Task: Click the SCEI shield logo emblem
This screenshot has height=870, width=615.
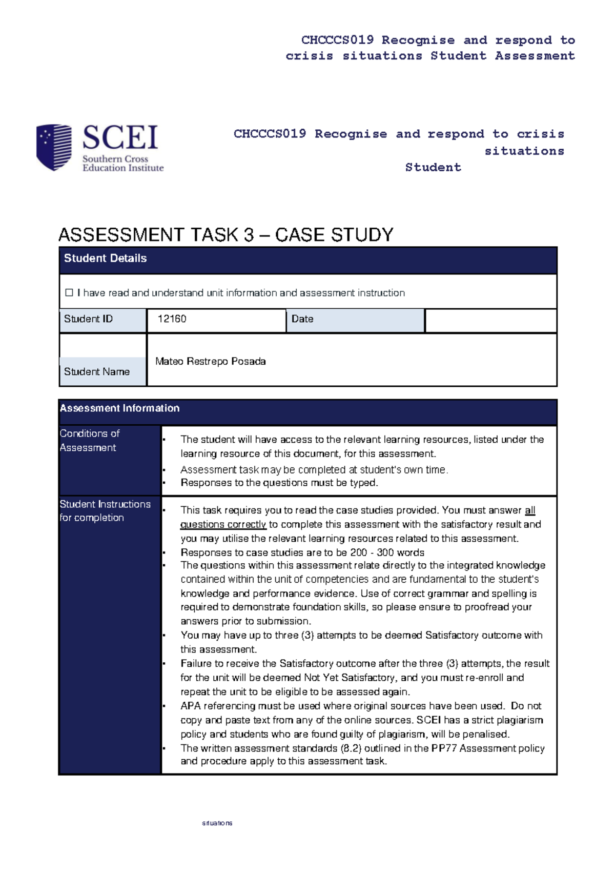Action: coord(54,147)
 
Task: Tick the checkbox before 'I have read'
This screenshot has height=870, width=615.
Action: coord(69,293)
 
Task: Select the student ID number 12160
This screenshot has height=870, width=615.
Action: coord(172,319)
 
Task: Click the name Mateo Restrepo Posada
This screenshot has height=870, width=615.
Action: coord(210,362)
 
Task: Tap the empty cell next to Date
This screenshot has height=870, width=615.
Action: coord(490,321)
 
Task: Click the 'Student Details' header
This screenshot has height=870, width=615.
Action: coord(105,259)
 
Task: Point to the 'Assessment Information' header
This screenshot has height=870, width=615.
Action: coord(119,408)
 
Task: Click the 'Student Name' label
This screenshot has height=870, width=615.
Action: coord(97,372)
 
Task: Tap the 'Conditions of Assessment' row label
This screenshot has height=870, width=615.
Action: coord(90,440)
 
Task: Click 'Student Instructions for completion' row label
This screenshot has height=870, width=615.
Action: coord(105,511)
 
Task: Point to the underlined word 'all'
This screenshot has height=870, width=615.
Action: coord(530,510)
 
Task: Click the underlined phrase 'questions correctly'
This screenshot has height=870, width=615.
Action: coord(223,525)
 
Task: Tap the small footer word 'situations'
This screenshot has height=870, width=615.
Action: coord(217,823)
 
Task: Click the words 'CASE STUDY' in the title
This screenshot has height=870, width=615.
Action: coord(334,235)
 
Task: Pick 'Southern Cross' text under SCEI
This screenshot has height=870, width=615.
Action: coord(115,159)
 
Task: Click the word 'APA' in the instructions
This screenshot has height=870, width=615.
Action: coord(191,706)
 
